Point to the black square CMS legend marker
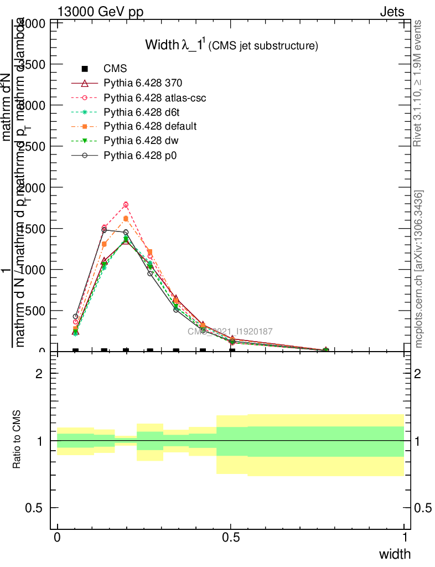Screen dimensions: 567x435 85,69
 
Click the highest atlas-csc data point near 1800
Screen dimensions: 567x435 126,205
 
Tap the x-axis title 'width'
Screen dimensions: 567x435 395,554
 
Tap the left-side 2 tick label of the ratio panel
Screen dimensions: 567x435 39,374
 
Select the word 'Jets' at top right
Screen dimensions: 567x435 392,12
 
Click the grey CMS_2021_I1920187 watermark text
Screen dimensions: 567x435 230,332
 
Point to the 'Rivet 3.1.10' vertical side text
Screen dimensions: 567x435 418,83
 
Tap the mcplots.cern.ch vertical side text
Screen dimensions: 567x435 419,269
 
